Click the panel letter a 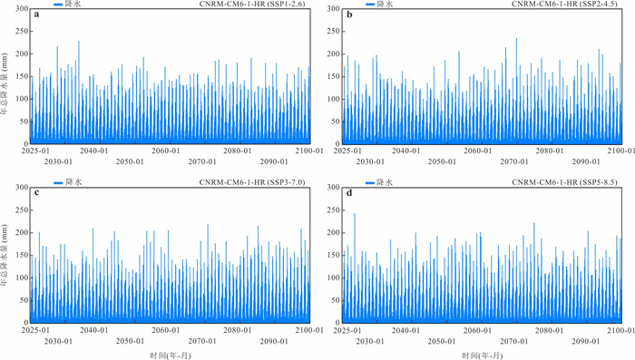36,15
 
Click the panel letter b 349,15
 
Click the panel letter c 36,193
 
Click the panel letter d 349,193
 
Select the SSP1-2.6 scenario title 252,4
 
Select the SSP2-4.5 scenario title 564,4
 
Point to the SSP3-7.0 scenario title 252,182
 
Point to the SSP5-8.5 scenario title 564,182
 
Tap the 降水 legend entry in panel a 68,4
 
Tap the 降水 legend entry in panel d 379,182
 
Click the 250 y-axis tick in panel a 22,31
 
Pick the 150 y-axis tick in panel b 334,76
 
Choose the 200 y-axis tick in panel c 22,232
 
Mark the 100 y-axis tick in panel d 334,277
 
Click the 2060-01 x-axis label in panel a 166,151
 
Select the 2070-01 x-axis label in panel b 514,161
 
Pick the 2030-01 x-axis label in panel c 58,341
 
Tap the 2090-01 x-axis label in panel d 586,341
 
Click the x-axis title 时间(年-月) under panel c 171,355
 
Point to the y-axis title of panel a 4,84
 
